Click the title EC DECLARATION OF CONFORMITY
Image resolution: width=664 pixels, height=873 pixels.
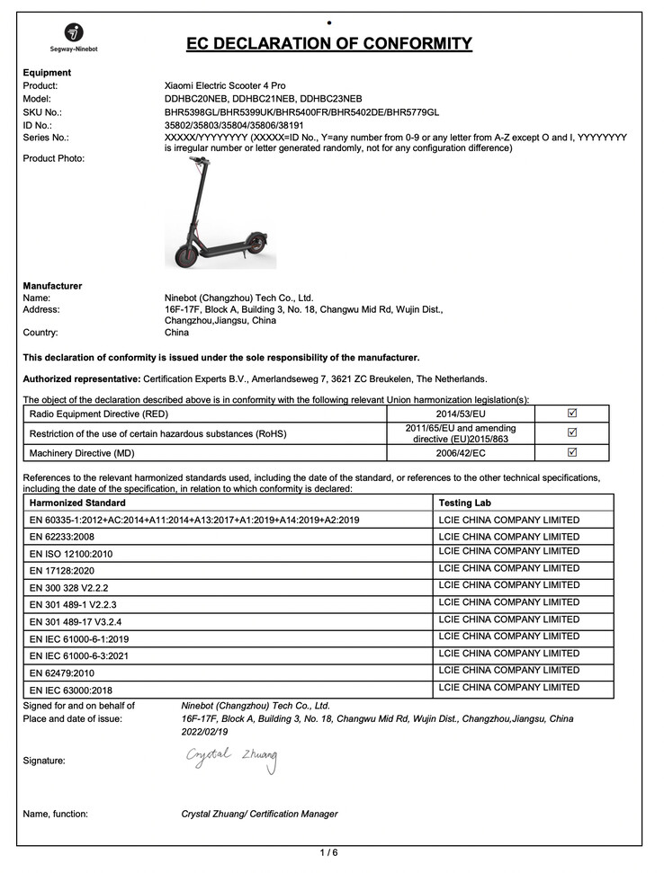(x=328, y=44)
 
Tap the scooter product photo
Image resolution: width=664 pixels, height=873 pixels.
(x=218, y=213)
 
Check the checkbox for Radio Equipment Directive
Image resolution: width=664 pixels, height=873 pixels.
(x=572, y=414)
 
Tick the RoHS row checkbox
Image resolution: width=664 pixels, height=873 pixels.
(x=572, y=432)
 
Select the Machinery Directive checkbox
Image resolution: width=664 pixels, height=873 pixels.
(x=572, y=452)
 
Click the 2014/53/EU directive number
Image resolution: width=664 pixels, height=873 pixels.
(x=461, y=414)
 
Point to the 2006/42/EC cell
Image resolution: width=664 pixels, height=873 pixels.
(x=461, y=453)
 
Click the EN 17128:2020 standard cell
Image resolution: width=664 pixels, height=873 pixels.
(x=62, y=571)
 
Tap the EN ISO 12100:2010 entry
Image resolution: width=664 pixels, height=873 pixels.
(x=73, y=554)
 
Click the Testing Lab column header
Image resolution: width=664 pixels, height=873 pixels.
(x=464, y=503)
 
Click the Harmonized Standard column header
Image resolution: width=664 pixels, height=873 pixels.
(x=77, y=503)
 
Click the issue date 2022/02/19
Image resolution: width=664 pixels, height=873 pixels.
(x=205, y=732)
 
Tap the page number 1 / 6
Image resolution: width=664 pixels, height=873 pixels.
(x=329, y=851)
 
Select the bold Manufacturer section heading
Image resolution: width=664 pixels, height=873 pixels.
(x=52, y=286)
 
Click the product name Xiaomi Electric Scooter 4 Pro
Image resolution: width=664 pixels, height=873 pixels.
(x=225, y=85)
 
